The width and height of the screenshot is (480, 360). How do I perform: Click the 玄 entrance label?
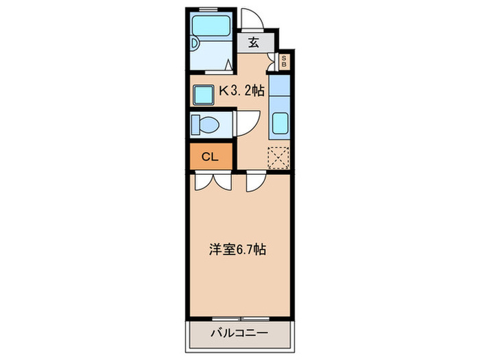pyautogui.click(x=253, y=43)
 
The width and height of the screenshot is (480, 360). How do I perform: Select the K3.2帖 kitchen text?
pyautogui.click(x=241, y=89)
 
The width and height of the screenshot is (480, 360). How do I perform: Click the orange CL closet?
pyautogui.click(x=211, y=156)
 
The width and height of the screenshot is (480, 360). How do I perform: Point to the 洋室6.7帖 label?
pyautogui.click(x=237, y=250)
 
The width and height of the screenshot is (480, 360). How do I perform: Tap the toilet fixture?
pyautogui.click(x=205, y=125)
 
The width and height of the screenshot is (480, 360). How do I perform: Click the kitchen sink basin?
pyautogui.click(x=280, y=125)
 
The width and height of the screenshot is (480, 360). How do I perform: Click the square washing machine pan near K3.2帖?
pyautogui.click(x=204, y=93)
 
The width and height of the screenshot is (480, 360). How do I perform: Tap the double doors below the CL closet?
pyautogui.click(x=212, y=181)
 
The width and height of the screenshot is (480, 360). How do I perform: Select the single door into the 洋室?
pyautogui.click(x=256, y=181)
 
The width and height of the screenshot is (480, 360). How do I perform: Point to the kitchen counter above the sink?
pyautogui.click(x=280, y=88)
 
